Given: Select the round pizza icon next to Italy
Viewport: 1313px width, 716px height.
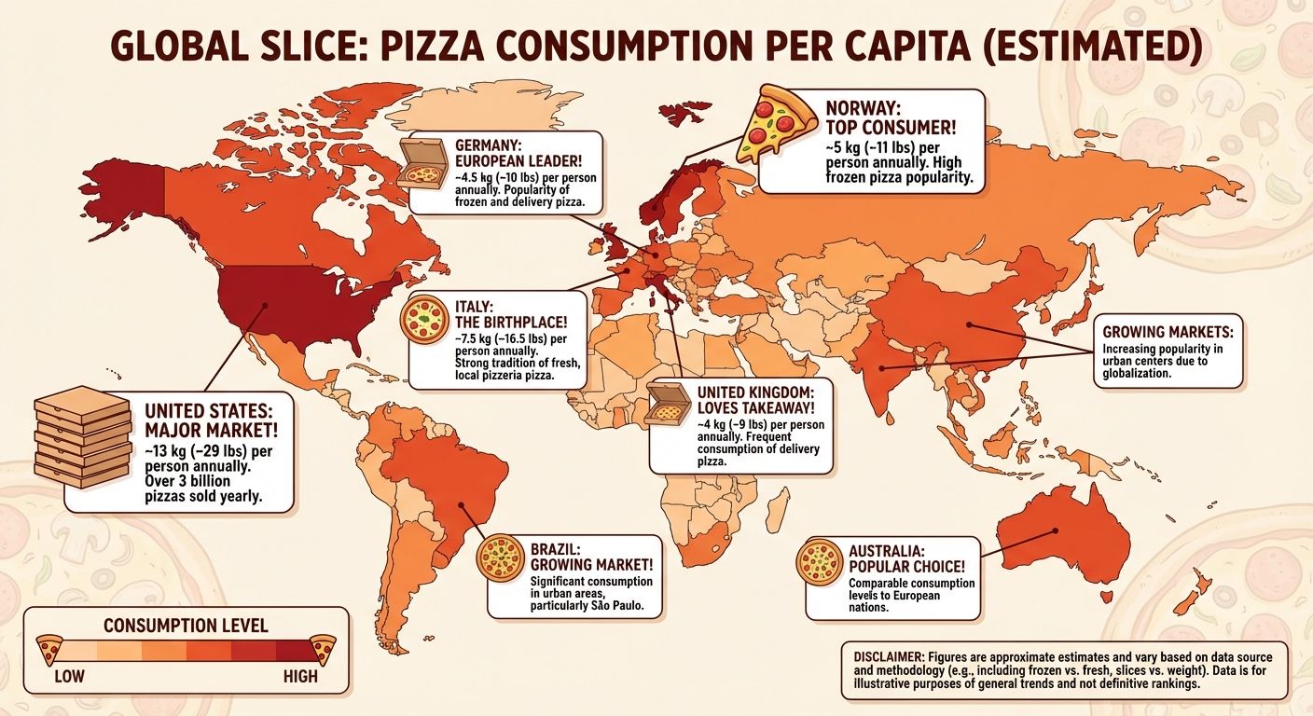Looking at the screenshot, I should [x=423, y=318].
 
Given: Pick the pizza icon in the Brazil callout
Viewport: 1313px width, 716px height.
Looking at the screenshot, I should [x=498, y=559].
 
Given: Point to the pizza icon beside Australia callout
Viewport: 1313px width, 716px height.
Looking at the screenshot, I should [x=821, y=561].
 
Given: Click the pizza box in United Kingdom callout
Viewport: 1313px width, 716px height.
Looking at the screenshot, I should [x=667, y=411].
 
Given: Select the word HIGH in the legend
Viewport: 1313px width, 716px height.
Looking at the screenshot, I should [x=299, y=675].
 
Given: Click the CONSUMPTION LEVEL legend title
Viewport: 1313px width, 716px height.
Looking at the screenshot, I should [x=186, y=625].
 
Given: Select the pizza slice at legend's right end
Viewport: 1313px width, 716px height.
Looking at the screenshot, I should [x=324, y=646].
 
